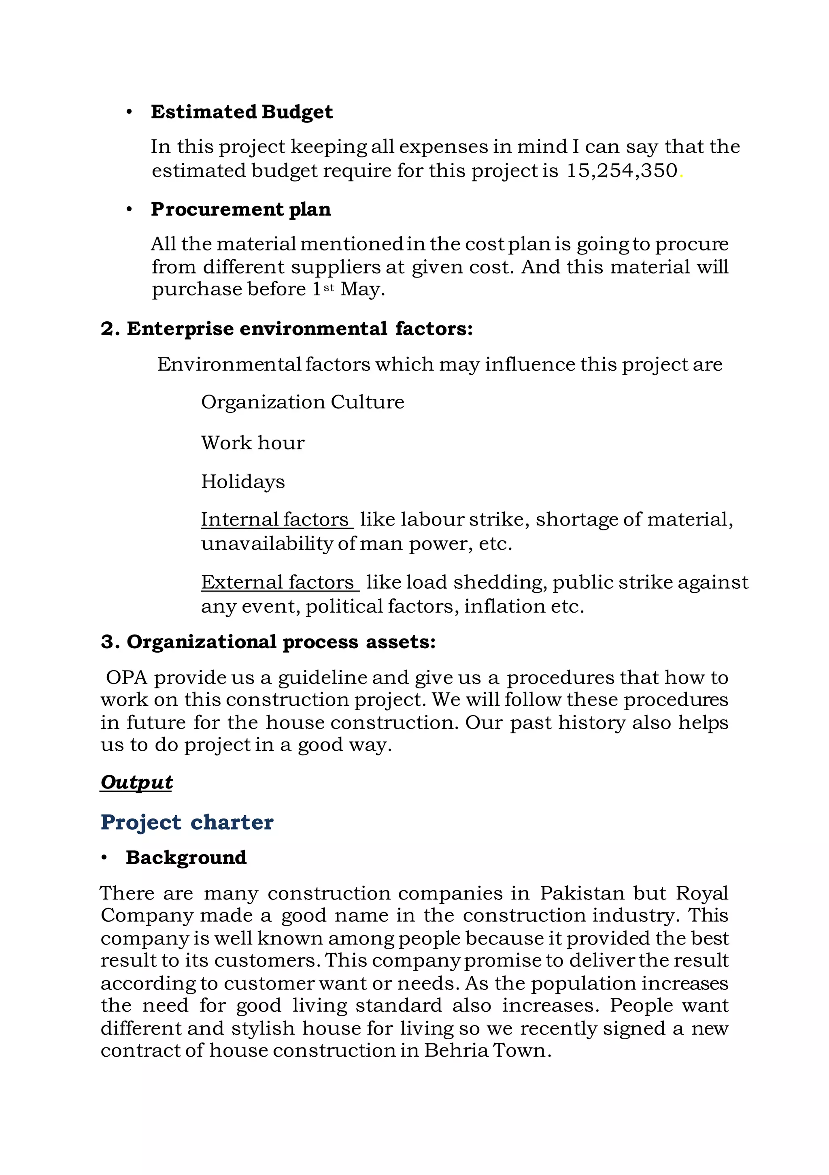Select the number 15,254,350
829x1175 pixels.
click(621, 171)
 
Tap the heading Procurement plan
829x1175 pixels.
click(240, 209)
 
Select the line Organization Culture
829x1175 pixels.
click(302, 402)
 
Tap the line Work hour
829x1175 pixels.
click(252, 443)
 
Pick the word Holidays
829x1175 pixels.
click(242, 482)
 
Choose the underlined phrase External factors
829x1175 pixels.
click(278, 582)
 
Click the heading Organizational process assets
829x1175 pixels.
click(268, 642)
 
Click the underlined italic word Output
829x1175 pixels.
click(136, 782)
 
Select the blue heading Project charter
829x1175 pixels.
click(187, 822)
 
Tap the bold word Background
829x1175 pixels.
click(186, 858)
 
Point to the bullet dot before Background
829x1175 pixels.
click(104, 858)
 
